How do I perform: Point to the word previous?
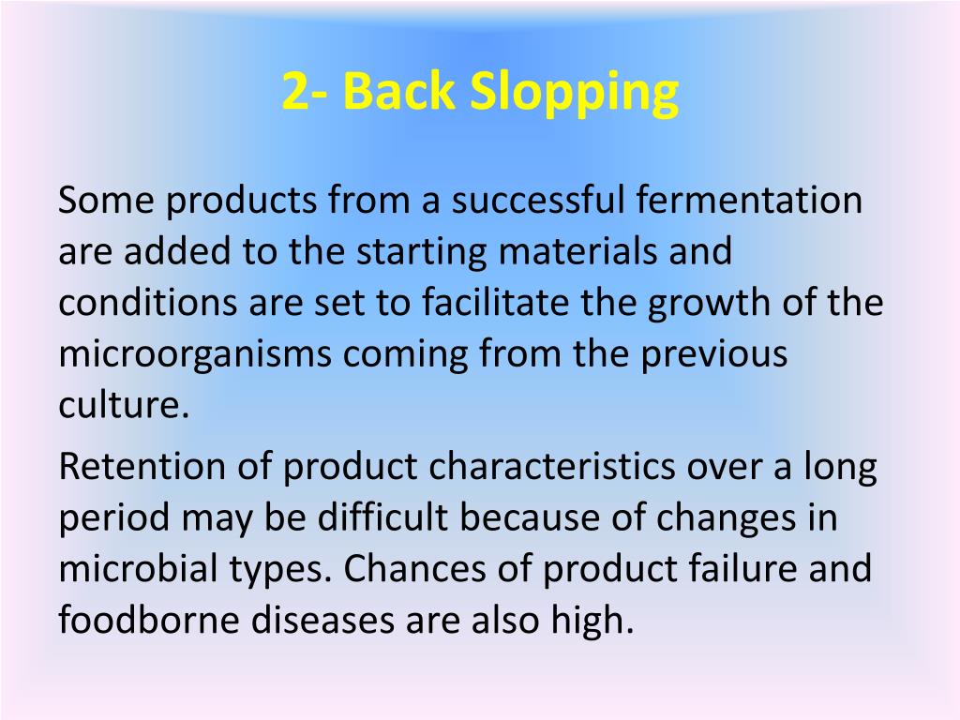(714, 356)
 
